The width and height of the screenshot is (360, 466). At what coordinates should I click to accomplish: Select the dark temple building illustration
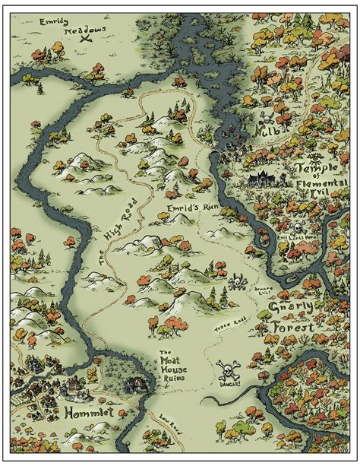pyautogui.click(x=264, y=179)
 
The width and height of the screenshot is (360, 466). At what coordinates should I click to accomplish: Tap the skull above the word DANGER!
pyautogui.click(x=226, y=370)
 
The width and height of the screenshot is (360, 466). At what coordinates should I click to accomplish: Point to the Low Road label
pyautogui.click(x=171, y=428)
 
